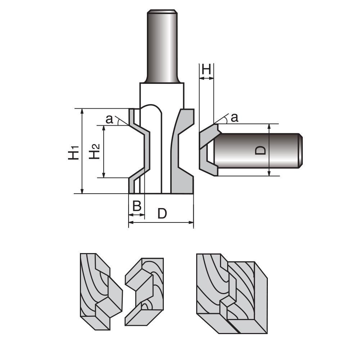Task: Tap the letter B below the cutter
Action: point(136,206)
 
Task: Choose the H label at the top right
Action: point(206,69)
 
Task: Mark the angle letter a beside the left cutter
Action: point(110,119)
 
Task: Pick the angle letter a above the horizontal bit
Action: point(234,117)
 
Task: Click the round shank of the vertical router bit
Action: point(162,47)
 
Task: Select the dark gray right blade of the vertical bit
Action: point(184,151)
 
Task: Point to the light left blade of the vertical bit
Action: point(139,151)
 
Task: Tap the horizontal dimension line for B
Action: point(136,215)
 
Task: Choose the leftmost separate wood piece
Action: point(99,292)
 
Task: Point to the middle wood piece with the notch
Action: point(144,292)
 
